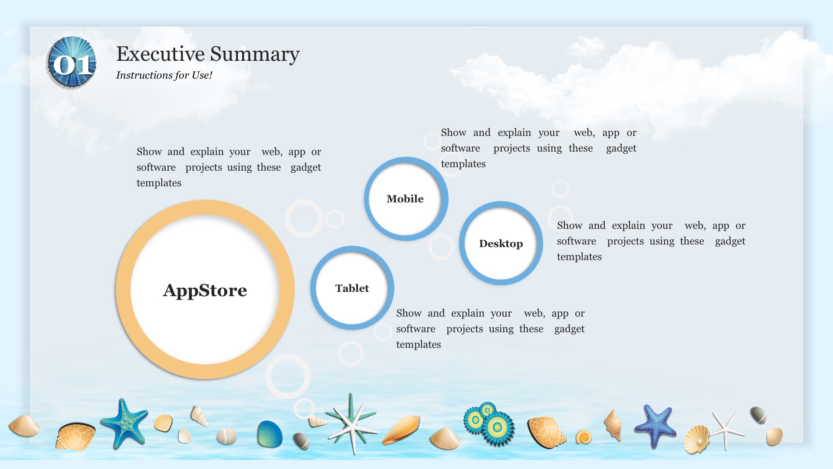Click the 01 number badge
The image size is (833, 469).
72,63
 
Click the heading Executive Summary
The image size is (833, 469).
208,54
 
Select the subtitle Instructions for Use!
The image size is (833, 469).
164,75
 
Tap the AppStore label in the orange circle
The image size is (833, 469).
205,291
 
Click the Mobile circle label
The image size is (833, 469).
405,199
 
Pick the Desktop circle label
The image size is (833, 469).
501,244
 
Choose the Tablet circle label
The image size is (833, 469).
352,288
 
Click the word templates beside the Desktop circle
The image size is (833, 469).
579,257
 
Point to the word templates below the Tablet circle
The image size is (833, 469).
418,345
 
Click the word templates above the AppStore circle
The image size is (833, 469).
159,183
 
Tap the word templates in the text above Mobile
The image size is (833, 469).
463,164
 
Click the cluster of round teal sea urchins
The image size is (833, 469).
489,423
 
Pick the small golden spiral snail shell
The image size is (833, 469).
584,437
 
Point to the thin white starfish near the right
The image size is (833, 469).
726,429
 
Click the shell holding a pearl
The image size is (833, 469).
696,440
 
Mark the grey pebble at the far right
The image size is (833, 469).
758,415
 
